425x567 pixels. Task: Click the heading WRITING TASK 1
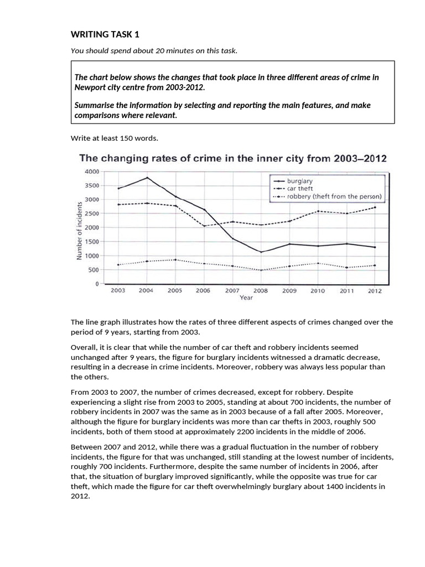[x=105, y=35]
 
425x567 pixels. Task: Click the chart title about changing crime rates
[x=234, y=158]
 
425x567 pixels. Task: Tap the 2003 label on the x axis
[x=118, y=290]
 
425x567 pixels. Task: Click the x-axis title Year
[x=246, y=297]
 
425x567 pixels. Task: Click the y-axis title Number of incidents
[x=79, y=230]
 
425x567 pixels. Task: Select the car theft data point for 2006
[x=204, y=226]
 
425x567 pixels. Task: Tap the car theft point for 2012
[x=374, y=208]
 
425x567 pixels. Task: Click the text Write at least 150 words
[x=103, y=137]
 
